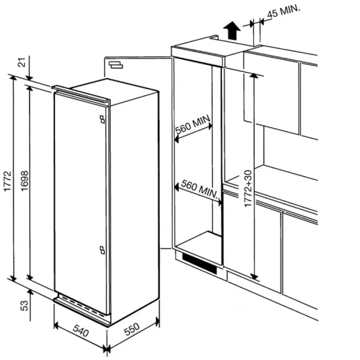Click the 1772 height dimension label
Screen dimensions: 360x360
pos(7,181)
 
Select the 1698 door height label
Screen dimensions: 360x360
pos(24,181)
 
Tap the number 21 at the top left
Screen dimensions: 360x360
pos(22,62)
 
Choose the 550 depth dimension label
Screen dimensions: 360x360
pos(132,329)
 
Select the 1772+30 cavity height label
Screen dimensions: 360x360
pos(248,188)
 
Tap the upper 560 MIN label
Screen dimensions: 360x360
pos(193,124)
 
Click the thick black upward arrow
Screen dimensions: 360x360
pos(232,31)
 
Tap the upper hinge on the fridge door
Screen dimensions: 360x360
pos(102,119)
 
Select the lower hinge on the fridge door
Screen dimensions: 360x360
pos(102,250)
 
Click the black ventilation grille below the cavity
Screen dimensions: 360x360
pos(199,264)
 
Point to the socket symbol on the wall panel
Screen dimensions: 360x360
pos(116,65)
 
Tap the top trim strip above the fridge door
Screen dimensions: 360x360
pos(81,94)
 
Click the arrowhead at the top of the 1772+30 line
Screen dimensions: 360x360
pos(254,76)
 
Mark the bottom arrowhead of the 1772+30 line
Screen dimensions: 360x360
pos(254,276)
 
